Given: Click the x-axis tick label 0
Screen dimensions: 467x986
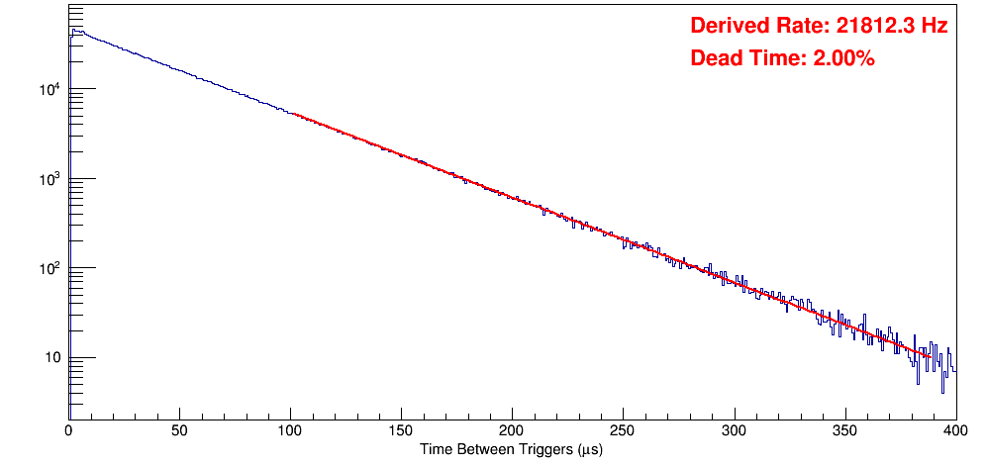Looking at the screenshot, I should click(68, 430).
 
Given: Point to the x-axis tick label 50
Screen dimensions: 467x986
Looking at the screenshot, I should click(179, 430).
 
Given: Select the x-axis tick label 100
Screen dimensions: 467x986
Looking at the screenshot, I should click(290, 430).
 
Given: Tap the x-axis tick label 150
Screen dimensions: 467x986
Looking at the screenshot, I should click(401, 430).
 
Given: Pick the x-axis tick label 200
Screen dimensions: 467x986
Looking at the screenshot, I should click(512, 430).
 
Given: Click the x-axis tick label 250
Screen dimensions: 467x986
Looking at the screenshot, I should click(623, 430).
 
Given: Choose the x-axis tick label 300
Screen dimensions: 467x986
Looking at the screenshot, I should click(734, 430).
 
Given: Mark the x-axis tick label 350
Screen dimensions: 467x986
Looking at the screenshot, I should click(844, 430).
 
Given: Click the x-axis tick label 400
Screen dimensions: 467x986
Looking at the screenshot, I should click(955, 430).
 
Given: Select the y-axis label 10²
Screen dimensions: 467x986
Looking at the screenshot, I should click(49, 268).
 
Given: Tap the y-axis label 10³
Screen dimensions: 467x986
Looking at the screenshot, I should click(49, 179).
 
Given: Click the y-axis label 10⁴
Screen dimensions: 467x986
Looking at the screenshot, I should click(49, 90).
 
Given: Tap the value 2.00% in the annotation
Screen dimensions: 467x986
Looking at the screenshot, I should click(843, 58).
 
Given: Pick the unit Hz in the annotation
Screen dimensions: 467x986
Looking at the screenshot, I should click(935, 27).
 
